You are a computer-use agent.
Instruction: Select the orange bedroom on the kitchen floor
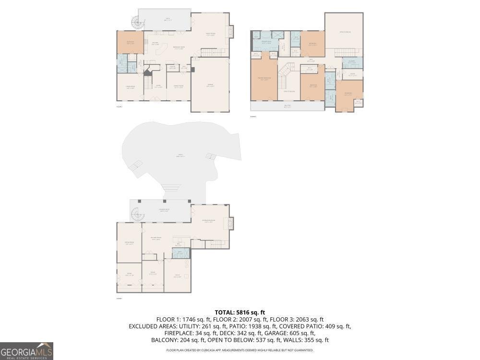[130, 42]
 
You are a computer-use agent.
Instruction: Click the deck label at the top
[164, 19]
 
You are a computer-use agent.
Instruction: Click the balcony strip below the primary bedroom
[287, 106]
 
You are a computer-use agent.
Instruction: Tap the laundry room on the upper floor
[352, 63]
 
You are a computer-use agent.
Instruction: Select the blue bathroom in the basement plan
[180, 253]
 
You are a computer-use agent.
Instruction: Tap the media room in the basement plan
[129, 242]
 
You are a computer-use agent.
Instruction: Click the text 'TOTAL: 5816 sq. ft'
[240, 312]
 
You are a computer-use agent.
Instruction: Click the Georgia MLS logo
[26, 351]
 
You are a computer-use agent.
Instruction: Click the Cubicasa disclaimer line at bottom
[240, 350]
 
